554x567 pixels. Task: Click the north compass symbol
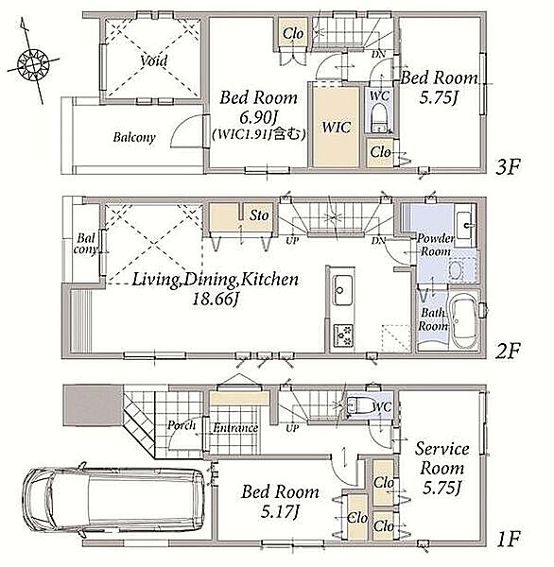tap(33, 63)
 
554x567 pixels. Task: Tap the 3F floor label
tap(508, 167)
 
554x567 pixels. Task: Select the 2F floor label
tap(508, 351)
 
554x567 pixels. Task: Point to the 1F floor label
tap(509, 540)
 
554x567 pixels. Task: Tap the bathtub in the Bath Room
tap(463, 319)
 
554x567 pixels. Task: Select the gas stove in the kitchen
tap(342, 335)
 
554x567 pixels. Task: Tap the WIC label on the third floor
tap(337, 128)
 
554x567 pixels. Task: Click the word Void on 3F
tap(154, 60)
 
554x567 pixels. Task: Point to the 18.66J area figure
tap(215, 299)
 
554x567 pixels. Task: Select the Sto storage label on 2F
tap(259, 215)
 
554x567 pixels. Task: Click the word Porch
tap(182, 425)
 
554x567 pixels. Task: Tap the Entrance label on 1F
tap(235, 428)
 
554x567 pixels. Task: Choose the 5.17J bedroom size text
tap(279, 511)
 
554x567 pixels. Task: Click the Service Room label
tap(441, 458)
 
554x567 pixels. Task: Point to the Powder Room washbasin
tap(464, 226)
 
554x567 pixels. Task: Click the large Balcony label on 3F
tap(134, 137)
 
